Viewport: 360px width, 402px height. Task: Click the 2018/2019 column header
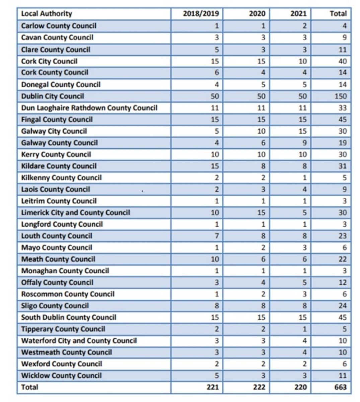click(201, 14)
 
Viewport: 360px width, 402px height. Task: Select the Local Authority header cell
click(47, 14)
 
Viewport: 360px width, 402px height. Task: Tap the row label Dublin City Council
click(53, 96)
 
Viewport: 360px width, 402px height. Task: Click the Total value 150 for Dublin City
click(340, 96)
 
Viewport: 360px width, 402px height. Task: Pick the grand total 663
click(340, 387)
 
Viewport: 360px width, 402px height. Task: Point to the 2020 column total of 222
click(259, 387)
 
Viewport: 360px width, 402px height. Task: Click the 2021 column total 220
click(300, 387)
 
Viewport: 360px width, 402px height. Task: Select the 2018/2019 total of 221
click(213, 387)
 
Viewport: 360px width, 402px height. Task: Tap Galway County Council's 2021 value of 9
click(304, 143)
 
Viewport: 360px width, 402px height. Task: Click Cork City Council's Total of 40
click(342, 61)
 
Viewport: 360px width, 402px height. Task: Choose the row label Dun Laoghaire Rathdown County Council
click(89, 108)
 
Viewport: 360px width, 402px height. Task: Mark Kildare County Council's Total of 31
click(342, 166)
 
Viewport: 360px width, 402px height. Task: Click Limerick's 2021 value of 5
click(304, 213)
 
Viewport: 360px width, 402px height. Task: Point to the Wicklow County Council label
click(61, 376)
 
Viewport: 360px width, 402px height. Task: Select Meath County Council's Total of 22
click(342, 259)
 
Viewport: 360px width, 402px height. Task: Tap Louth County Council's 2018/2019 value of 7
click(217, 236)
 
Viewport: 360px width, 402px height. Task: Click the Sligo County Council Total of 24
click(342, 306)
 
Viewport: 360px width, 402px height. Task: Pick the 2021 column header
click(298, 14)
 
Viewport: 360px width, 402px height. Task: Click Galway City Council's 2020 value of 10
click(261, 131)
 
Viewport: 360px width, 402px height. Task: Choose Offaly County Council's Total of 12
click(342, 283)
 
